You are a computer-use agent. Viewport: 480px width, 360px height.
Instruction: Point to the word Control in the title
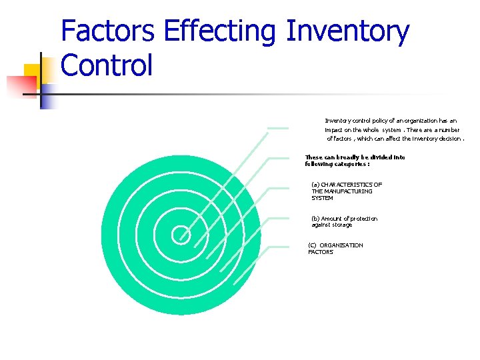[107, 66]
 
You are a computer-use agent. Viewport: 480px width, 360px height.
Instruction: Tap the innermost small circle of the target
[181, 235]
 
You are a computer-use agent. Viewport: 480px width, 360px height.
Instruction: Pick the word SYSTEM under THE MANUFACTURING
[322, 198]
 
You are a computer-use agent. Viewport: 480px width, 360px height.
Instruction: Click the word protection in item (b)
[363, 219]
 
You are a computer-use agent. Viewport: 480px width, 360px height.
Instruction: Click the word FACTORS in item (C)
[321, 252]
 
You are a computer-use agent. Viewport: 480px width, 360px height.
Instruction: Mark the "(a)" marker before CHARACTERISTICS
[315, 185]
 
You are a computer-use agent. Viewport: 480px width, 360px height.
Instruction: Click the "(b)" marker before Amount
[315, 219]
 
